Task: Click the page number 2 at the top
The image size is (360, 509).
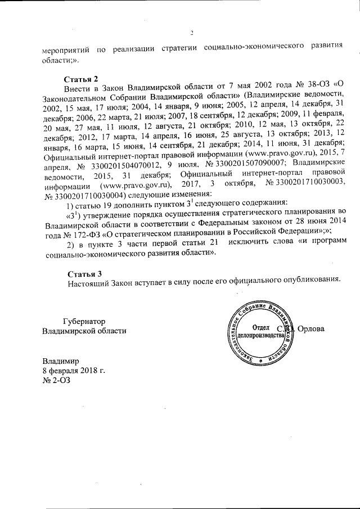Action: (x=191, y=32)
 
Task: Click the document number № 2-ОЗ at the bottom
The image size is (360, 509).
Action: (x=57, y=381)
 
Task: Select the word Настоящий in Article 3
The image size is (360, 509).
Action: (x=89, y=282)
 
